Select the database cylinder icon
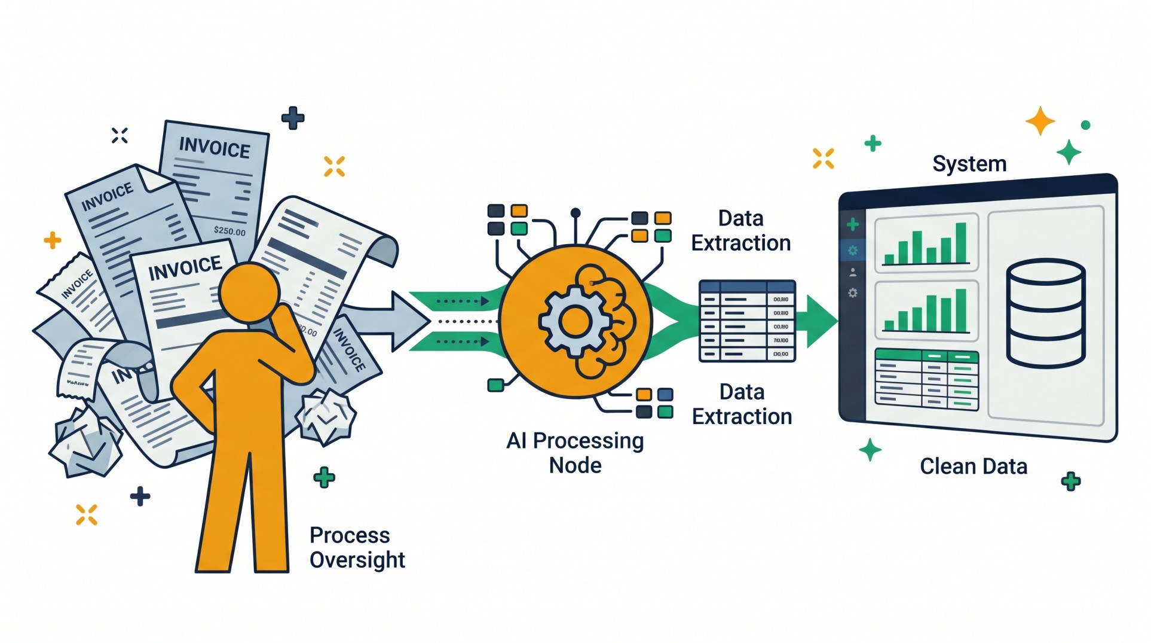[1045, 313]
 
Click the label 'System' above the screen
[969, 164]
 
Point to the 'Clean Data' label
[973, 467]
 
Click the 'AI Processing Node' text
[575, 453]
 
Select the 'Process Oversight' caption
[357, 547]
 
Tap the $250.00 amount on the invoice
[229, 231]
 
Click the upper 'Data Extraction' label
[740, 231]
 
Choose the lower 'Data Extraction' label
[742, 404]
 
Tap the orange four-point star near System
[1040, 121]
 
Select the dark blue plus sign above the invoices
[293, 118]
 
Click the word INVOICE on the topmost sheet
[215, 147]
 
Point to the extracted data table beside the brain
[747, 321]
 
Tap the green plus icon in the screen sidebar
[853, 225]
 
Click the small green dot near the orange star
[1085, 125]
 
